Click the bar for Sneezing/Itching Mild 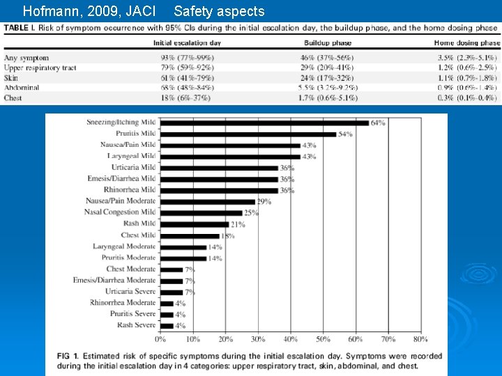point(264,123)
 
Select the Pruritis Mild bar point(248,134)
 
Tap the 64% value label point(377,123)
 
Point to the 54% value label point(345,134)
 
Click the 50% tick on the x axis point(324,339)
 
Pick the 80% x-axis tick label point(420,339)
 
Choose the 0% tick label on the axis point(160,339)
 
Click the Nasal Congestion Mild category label point(120,212)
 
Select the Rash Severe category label point(136,325)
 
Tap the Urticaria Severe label point(130,291)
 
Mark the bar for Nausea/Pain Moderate point(208,201)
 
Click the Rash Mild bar point(195,224)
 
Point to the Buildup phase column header point(328,43)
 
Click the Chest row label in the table point(13,98)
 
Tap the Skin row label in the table point(11,78)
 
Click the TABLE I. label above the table point(21,27)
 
